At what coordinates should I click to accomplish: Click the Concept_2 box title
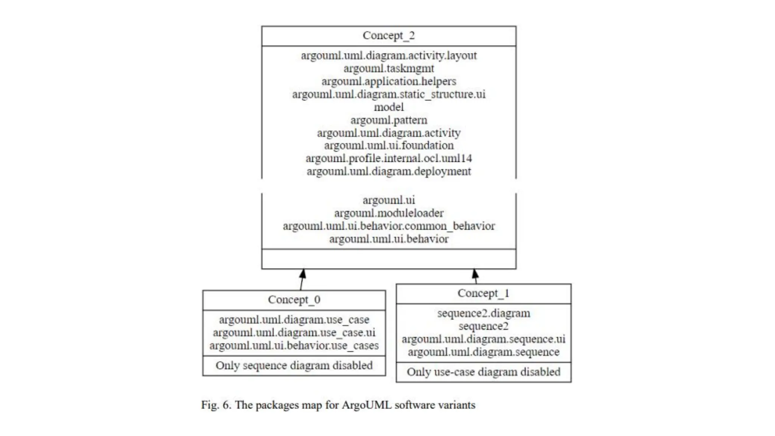pyautogui.click(x=389, y=36)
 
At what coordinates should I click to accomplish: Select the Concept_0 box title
pyautogui.click(x=294, y=300)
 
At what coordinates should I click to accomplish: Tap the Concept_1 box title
pyautogui.click(x=483, y=293)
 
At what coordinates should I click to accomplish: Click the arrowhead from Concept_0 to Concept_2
pyautogui.click(x=303, y=274)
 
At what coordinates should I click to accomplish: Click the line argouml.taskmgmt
pyautogui.click(x=389, y=69)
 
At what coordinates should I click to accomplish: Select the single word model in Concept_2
pyautogui.click(x=389, y=107)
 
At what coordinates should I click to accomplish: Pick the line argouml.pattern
pyautogui.click(x=389, y=120)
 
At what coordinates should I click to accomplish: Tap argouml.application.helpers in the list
pyautogui.click(x=389, y=81)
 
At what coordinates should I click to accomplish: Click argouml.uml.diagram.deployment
pyautogui.click(x=389, y=171)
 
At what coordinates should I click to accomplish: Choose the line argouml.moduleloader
pyautogui.click(x=389, y=213)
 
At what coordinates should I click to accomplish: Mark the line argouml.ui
pyautogui.click(x=389, y=200)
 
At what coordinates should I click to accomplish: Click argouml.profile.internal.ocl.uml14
pyautogui.click(x=389, y=159)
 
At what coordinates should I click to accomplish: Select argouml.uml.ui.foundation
pyautogui.click(x=389, y=146)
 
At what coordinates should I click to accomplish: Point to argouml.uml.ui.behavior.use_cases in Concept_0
pyautogui.click(x=294, y=346)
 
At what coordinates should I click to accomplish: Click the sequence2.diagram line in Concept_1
pyautogui.click(x=483, y=313)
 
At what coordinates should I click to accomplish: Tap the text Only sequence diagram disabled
pyautogui.click(x=294, y=366)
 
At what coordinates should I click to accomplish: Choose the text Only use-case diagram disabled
pyautogui.click(x=483, y=372)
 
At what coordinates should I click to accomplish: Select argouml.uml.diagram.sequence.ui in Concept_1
pyautogui.click(x=483, y=339)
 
